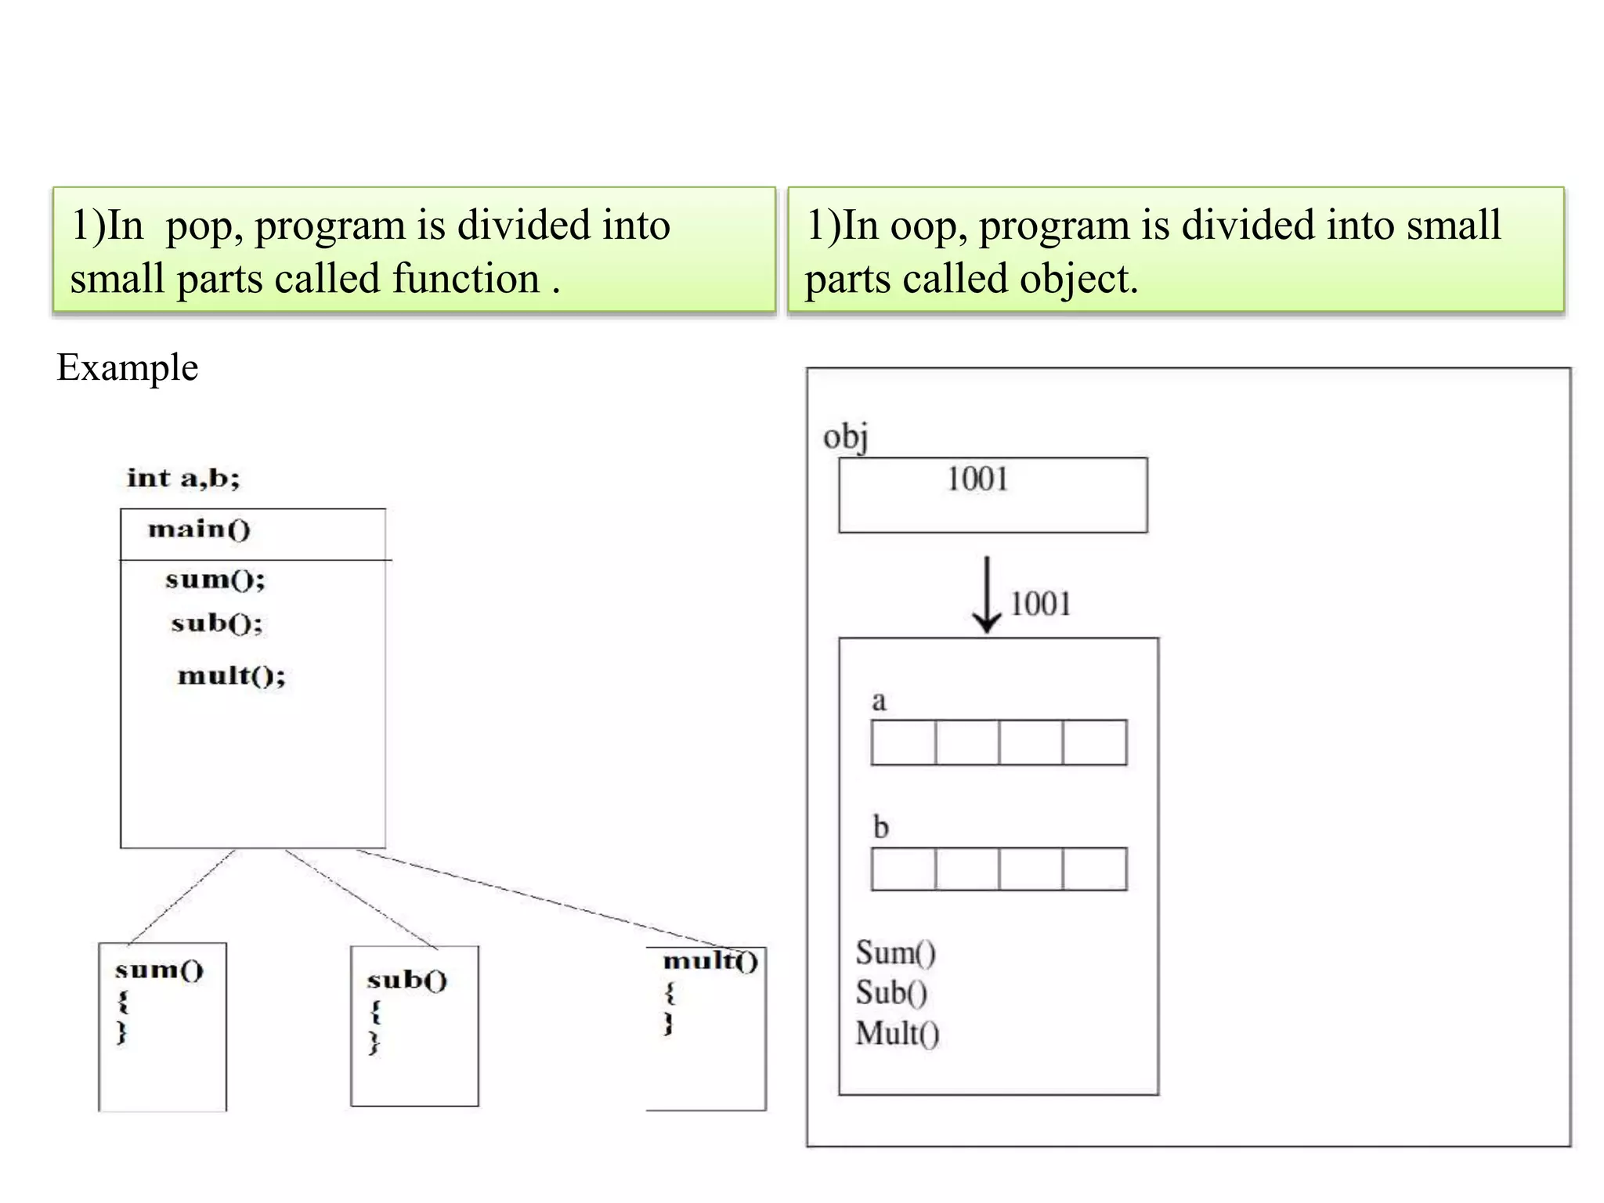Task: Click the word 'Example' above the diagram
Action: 127,367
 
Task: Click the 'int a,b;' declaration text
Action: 183,478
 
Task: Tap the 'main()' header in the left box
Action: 199,529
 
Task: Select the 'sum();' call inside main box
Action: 215,580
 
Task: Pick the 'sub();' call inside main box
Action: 216,623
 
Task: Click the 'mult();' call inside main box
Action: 231,675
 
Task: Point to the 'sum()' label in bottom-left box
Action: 159,970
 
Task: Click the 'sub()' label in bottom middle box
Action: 406,980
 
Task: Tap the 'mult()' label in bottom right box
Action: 710,961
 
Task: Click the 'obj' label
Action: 846,436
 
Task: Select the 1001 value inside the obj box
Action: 977,479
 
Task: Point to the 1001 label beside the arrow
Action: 1040,604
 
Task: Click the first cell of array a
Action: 903,742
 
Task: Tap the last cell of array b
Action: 1094,869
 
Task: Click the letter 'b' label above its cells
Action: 881,827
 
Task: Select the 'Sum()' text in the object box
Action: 895,952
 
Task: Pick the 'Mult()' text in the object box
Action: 897,1034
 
